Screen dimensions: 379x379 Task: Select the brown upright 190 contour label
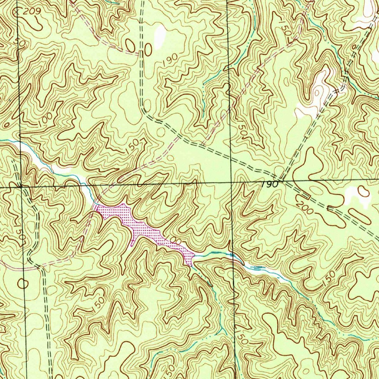[x=170, y=60]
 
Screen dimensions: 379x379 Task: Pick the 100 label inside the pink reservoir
[x=175, y=241]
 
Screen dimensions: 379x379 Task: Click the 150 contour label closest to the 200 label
[x=328, y=277]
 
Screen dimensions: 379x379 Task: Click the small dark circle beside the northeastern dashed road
[x=354, y=47]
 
